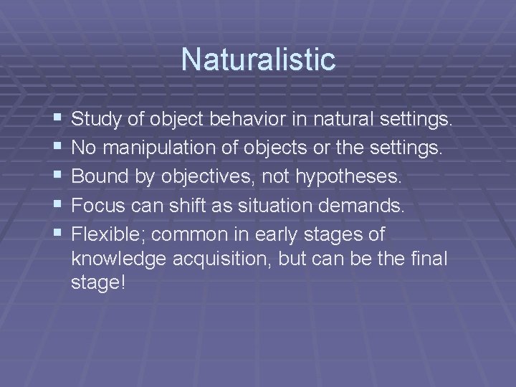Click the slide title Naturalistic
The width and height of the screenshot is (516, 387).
point(258,59)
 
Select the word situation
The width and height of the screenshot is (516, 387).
point(265,206)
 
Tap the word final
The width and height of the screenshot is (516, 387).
point(429,259)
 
